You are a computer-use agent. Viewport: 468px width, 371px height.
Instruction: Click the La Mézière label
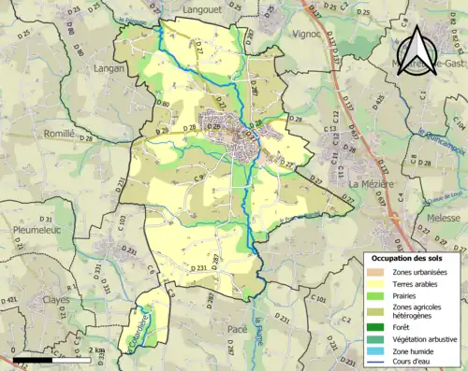[x=368, y=185]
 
